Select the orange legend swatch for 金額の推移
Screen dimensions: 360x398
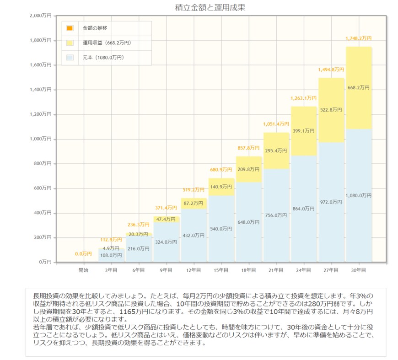(x=70, y=28)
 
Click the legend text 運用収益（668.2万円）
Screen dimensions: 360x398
(x=107, y=43)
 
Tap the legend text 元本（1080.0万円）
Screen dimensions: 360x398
(x=103, y=58)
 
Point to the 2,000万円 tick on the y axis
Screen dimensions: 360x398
(x=41, y=16)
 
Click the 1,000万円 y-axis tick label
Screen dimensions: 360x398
(x=41, y=139)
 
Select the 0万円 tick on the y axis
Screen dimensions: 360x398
(x=45, y=262)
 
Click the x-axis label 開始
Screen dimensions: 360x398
(x=83, y=270)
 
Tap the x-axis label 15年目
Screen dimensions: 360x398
(x=221, y=270)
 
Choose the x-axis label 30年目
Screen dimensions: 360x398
(x=358, y=270)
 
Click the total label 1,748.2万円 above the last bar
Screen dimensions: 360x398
(x=358, y=39)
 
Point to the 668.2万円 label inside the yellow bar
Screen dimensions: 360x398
(x=359, y=87)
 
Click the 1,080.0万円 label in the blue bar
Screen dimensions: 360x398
(x=359, y=195)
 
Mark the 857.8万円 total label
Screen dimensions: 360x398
(x=248, y=148)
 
